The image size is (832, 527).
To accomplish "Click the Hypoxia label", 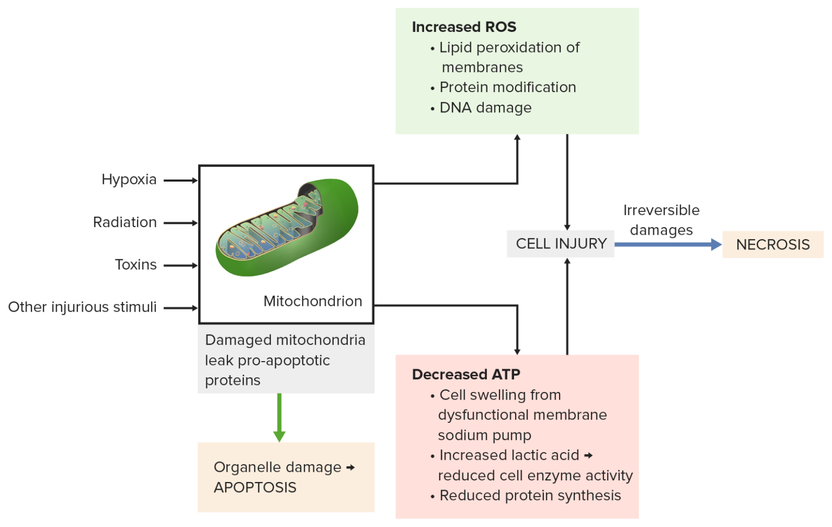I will (129, 179).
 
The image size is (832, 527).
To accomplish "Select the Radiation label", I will (125, 222).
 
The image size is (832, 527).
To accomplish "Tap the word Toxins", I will (135, 265).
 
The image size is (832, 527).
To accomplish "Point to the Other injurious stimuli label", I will (82, 307).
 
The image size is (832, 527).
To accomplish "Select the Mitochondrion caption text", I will (313, 301).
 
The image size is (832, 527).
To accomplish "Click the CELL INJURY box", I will (561, 244).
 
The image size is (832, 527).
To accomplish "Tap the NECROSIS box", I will (772, 245).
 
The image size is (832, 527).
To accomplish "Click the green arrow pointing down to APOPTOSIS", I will (279, 417).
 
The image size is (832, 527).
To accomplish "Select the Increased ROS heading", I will (464, 27).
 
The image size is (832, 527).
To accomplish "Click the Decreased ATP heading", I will (466, 375).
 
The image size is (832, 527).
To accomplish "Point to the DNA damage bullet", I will (485, 108).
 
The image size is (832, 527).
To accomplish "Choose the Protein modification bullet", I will (508, 87).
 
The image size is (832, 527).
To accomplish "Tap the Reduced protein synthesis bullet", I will (530, 496).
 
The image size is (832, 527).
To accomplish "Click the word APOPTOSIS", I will (255, 487).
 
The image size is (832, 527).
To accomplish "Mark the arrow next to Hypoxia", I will (180, 181).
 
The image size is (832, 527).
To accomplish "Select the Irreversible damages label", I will (661, 220).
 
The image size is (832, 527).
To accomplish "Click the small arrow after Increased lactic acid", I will (589, 455).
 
